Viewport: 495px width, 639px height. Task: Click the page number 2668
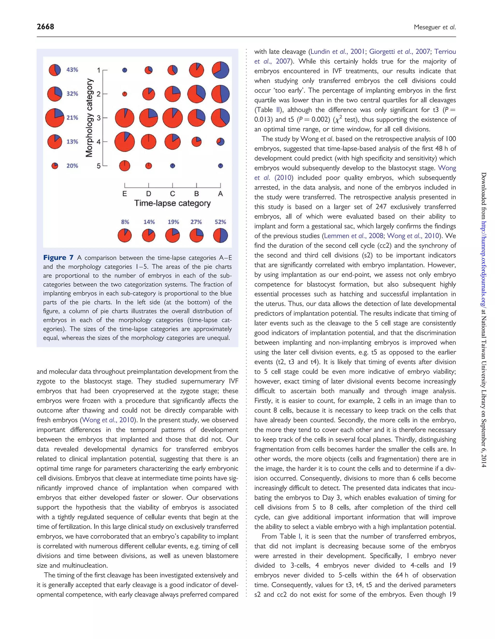pos(45,27)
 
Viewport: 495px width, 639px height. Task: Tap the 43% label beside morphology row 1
pos(72,70)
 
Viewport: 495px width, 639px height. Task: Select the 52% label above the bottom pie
pos(220,222)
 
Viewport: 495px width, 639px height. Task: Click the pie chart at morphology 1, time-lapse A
pos(220,70)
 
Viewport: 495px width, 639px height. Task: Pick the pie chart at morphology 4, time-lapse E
pos(125,142)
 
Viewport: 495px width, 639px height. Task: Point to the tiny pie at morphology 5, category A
pos(220,166)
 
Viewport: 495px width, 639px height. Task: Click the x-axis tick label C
pos(172,194)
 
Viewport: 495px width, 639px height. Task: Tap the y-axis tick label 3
pos(99,118)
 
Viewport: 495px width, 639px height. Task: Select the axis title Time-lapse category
pos(172,203)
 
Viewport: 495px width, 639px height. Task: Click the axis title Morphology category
pos(89,118)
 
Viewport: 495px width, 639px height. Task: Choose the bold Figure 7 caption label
pos(58,258)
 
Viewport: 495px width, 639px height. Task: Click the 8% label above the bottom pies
pos(125,222)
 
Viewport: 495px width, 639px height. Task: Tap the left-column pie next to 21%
pos(55,118)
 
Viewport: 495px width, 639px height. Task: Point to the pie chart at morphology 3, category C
pos(172,118)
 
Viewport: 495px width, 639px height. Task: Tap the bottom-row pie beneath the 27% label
pos(197,236)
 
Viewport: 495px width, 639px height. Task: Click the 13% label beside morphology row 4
pos(72,142)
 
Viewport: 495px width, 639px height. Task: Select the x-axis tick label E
pos(125,194)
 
